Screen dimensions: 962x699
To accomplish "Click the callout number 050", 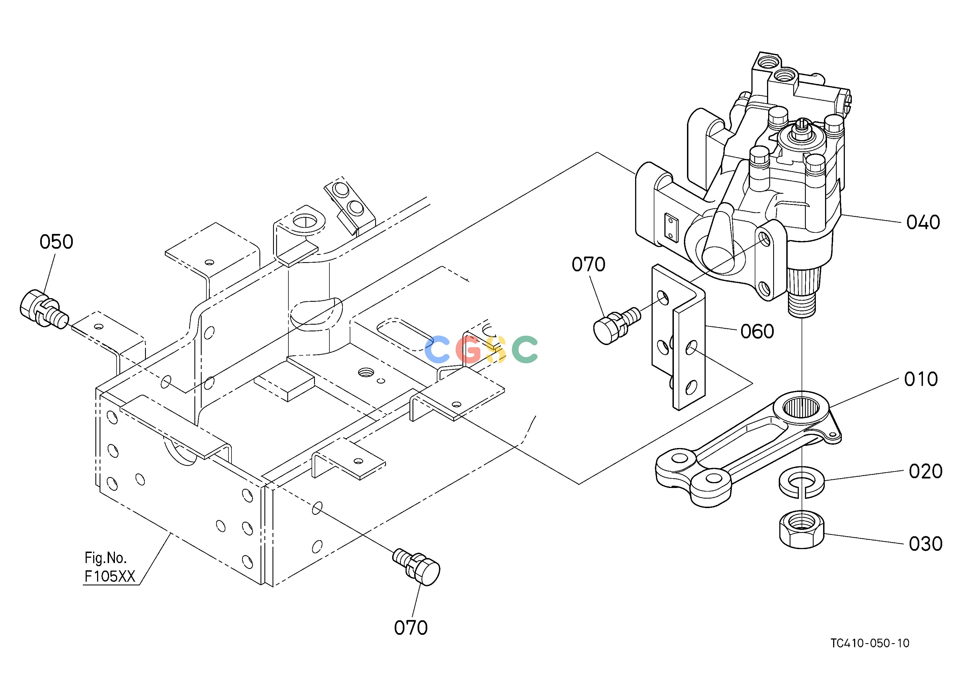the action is [x=56, y=242].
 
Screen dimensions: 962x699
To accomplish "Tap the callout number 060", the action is [x=757, y=331].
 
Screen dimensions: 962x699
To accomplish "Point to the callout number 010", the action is [x=921, y=379].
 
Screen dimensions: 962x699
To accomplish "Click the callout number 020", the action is [x=925, y=471].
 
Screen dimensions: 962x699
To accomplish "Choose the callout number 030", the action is [x=925, y=544].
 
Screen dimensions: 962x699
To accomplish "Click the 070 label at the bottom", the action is [x=411, y=628].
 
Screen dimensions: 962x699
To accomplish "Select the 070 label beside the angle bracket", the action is [x=588, y=264].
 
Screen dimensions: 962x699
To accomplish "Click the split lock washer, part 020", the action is [x=802, y=483].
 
